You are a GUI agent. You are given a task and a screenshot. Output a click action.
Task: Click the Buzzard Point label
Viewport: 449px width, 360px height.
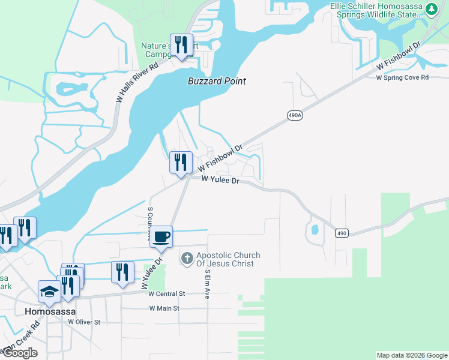[217, 81]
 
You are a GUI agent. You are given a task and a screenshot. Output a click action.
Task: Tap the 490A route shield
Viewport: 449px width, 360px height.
[294, 115]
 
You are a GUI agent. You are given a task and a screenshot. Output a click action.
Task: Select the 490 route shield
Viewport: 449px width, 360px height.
[342, 233]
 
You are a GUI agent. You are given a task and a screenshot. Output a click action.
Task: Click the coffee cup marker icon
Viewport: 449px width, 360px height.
[161, 236]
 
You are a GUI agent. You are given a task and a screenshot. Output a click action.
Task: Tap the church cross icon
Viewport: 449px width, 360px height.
[187, 259]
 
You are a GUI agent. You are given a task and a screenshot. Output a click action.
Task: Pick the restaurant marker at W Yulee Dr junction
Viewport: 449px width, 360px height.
[180, 161]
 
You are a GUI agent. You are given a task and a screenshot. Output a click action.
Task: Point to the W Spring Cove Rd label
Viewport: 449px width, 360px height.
[402, 77]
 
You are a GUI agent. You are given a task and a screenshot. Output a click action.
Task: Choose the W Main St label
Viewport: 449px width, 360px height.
[164, 308]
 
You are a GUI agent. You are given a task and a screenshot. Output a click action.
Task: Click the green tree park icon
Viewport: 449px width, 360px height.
[430, 9]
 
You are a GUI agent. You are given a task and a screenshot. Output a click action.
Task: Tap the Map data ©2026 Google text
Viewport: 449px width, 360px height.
[411, 355]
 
